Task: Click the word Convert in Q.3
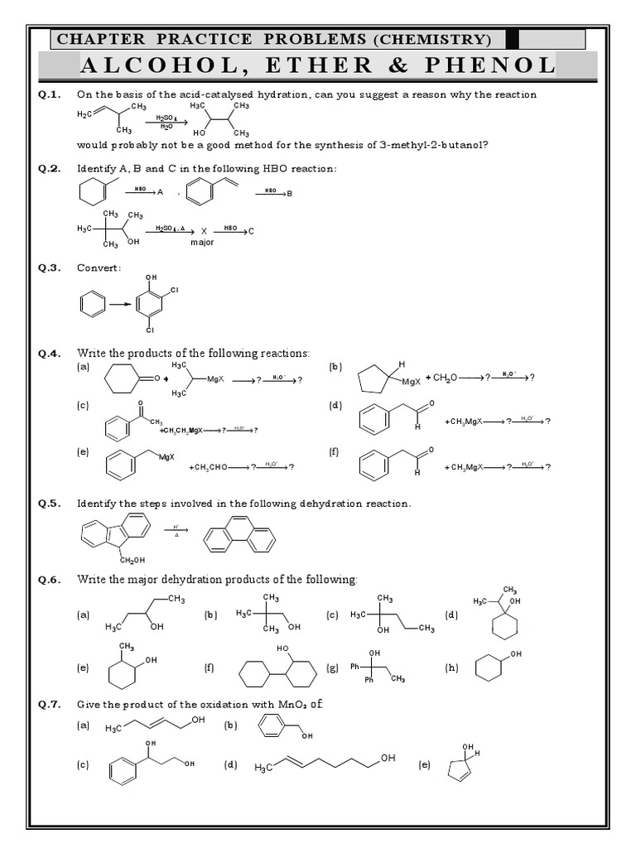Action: pyautogui.click(x=99, y=267)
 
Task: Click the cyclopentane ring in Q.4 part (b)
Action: pyautogui.click(x=376, y=380)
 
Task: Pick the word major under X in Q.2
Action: pyautogui.click(x=202, y=242)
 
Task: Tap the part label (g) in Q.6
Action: pyautogui.click(x=333, y=667)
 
